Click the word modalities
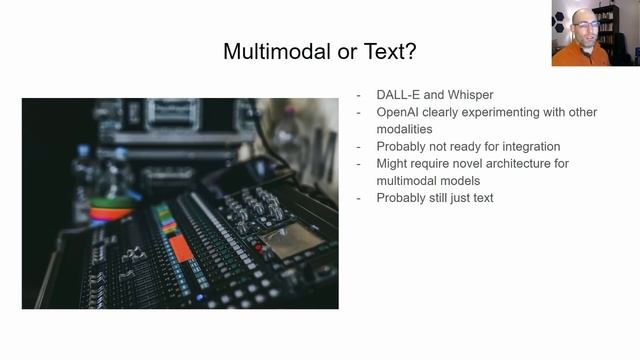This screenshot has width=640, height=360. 404,129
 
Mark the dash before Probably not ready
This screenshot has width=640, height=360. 360,146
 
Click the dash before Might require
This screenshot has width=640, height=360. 360,163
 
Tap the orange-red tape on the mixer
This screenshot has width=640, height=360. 180,246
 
